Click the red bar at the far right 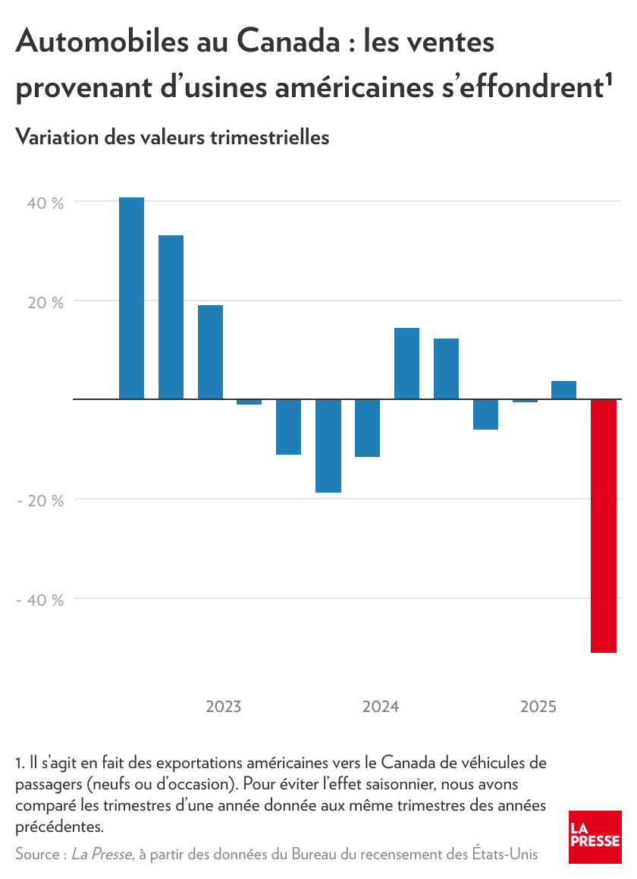pos(604,525)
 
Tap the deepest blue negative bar pos(328,446)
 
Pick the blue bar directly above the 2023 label pos(210,351)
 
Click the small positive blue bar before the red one pos(563,389)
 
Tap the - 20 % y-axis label pos(42,500)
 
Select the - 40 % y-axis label pos(42,600)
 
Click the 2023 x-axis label pos(224,707)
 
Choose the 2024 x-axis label pos(381,707)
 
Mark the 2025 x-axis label pos(538,707)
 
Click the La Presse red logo pos(595,836)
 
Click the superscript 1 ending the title pos(609,78)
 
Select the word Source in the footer pos(37,855)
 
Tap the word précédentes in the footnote pos(58,825)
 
